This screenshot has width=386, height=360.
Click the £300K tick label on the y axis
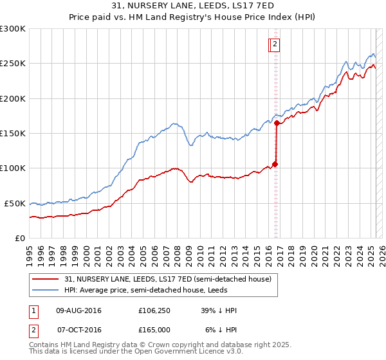pyautogui.click(x=13, y=29)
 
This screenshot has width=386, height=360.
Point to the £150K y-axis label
pyautogui.click(x=13, y=133)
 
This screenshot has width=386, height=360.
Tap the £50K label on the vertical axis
pyautogui.click(x=15, y=203)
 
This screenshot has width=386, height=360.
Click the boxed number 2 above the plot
pyautogui.click(x=275, y=44)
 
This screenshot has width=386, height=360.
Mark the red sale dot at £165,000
pyautogui.click(x=277, y=123)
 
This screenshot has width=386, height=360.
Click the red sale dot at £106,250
pyautogui.click(x=275, y=164)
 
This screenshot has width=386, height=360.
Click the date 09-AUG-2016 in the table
pyautogui.click(x=78, y=310)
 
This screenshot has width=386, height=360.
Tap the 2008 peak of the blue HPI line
pyautogui.click(x=172, y=123)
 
